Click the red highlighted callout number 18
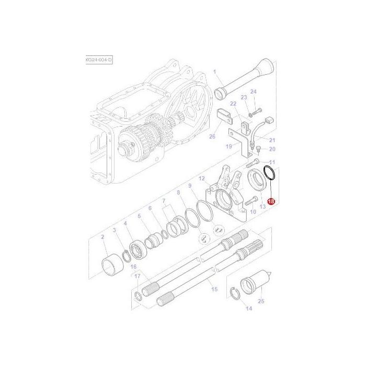pos(271,201)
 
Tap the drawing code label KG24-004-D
pos(99,61)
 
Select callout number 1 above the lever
pos(214,72)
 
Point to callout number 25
pos(261,301)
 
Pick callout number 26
pos(212,137)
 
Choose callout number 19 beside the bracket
pos(229,147)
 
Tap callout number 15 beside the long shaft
pos(213,289)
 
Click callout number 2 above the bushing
pos(103,237)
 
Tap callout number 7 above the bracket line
pos(164,201)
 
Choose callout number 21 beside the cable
pos(271,140)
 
